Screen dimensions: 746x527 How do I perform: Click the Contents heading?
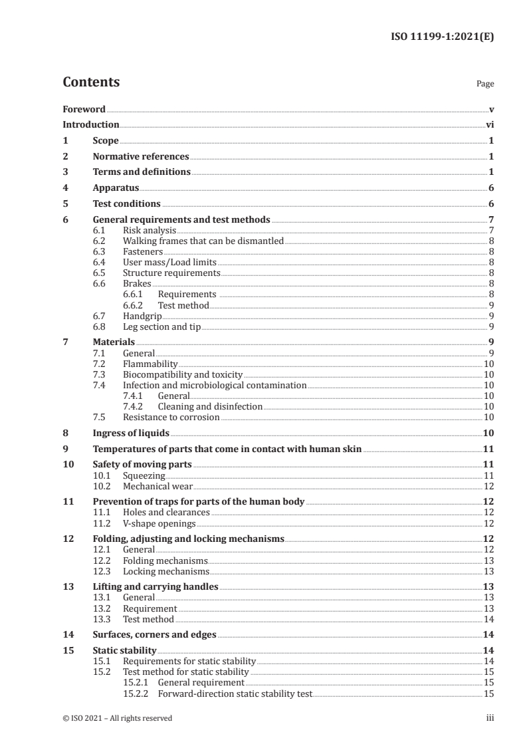(x=91, y=82)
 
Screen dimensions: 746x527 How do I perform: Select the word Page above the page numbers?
(x=485, y=84)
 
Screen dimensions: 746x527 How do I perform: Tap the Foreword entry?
(x=84, y=109)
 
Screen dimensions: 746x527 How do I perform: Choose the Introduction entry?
(x=91, y=124)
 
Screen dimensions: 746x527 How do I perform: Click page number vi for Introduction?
(x=489, y=124)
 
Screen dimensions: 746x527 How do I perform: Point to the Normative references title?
(x=141, y=157)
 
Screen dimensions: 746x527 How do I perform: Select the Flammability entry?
(x=150, y=364)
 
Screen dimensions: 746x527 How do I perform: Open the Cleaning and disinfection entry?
(x=210, y=406)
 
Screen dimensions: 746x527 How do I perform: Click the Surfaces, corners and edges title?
(x=154, y=635)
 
